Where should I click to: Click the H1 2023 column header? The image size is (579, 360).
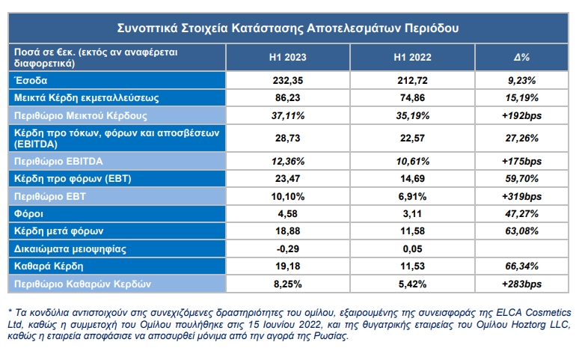288,58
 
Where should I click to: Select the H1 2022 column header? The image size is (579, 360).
412,58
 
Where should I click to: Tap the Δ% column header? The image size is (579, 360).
521,58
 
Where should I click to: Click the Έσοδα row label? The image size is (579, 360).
31,80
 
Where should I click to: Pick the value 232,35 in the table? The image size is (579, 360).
288,81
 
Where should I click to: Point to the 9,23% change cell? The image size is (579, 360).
521,81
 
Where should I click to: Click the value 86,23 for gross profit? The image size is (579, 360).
288,98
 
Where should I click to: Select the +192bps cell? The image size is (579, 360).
521,116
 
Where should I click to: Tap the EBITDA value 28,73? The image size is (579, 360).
288,138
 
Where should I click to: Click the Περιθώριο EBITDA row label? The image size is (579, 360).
58,161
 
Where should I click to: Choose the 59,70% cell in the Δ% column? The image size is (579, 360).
521,179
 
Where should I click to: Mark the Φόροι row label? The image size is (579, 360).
28,213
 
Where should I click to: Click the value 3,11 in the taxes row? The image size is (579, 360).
412,213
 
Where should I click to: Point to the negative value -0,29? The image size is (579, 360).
288,248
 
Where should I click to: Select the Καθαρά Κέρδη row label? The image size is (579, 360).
49,266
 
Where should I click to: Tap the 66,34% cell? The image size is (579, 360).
521,266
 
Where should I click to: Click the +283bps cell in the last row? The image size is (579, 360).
521,284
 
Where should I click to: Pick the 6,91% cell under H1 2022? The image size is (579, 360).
412,196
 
